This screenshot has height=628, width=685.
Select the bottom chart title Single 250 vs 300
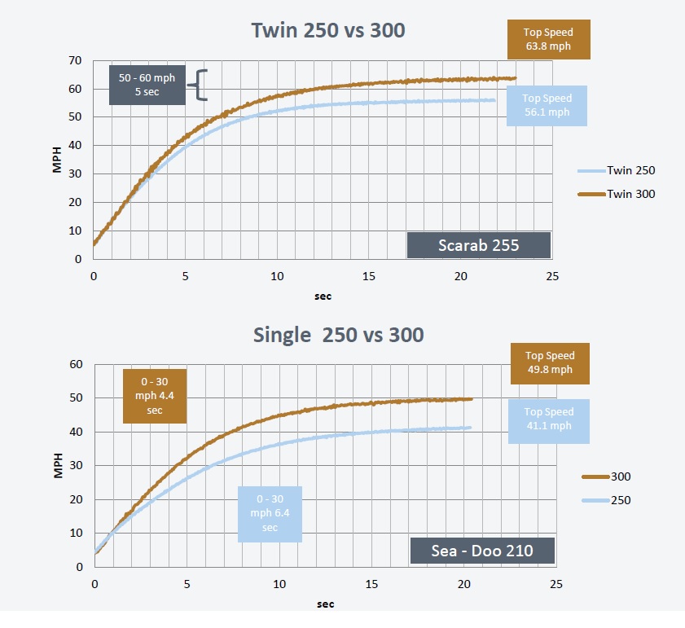click(x=338, y=334)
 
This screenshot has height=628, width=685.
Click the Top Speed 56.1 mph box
click(x=547, y=105)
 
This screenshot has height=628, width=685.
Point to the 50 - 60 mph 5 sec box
click(x=147, y=85)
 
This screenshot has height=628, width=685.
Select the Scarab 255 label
click(x=479, y=245)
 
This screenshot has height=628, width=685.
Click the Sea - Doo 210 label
click(x=482, y=551)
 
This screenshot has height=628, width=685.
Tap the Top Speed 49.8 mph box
click(x=549, y=362)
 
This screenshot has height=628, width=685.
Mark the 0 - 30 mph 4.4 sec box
click(x=155, y=396)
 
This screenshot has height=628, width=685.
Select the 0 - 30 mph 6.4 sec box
click(x=270, y=514)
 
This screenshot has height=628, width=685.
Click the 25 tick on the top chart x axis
click(x=552, y=276)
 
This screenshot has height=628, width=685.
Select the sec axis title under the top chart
click(x=323, y=296)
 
